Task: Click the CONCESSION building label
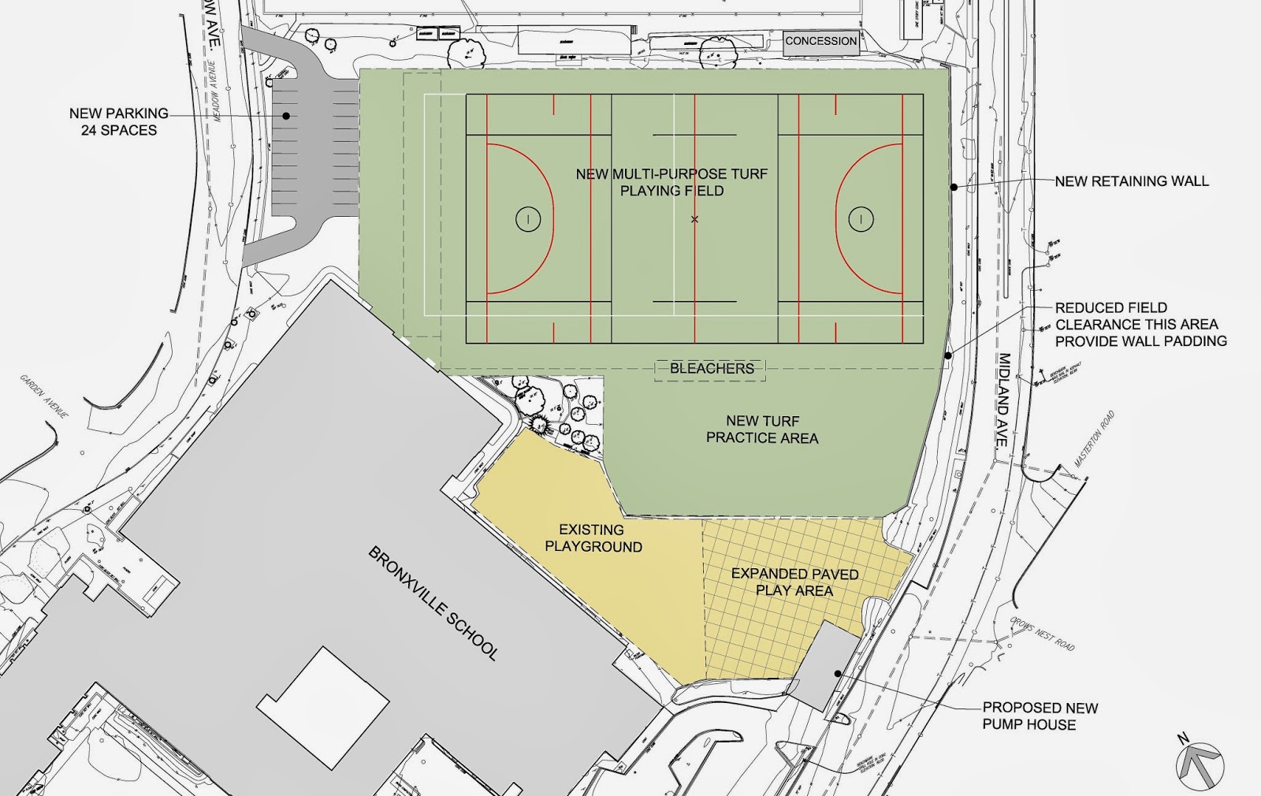[x=820, y=41]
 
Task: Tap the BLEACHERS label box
[x=711, y=369]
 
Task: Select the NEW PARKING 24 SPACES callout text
[x=118, y=121]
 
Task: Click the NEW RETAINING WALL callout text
[x=1131, y=181]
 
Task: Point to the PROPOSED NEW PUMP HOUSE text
[x=1039, y=716]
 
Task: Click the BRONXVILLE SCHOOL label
[x=433, y=603]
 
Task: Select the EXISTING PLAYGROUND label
[x=593, y=538]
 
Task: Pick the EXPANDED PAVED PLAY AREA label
[x=794, y=582]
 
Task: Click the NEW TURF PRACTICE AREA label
[x=762, y=430]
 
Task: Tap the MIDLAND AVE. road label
[x=1003, y=400]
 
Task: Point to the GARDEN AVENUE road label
[x=44, y=396]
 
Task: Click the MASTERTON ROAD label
[x=1095, y=440]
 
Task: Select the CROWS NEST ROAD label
[x=1043, y=633]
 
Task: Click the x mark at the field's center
[x=694, y=219]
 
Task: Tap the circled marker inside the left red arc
[x=528, y=219]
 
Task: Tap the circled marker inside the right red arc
[x=861, y=219]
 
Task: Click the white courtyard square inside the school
[x=323, y=708]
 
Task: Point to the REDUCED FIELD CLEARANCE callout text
[x=1140, y=325]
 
